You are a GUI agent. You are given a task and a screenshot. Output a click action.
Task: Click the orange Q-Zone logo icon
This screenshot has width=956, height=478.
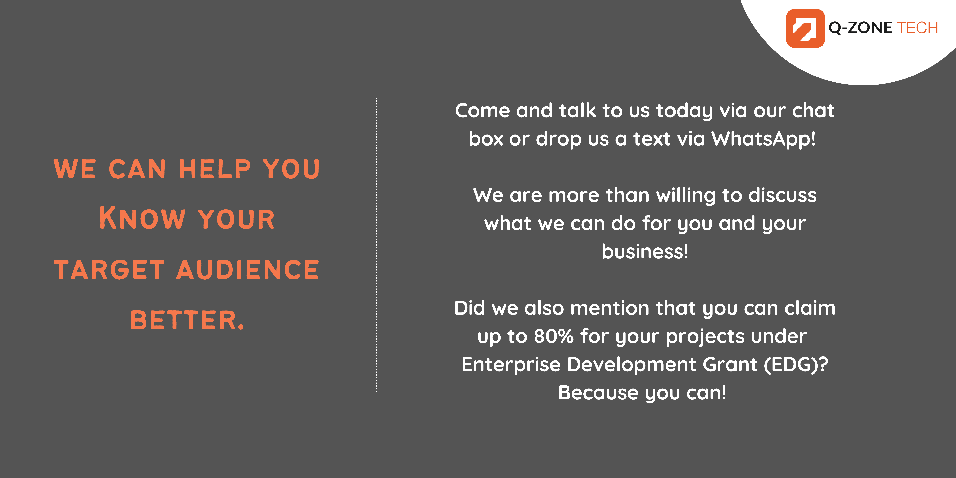point(805,28)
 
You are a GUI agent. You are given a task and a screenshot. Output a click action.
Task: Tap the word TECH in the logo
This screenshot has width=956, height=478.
point(917,28)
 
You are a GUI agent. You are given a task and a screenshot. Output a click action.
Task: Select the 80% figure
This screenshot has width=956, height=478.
point(554,336)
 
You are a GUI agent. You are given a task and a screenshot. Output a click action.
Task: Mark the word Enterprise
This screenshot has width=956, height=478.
point(511,364)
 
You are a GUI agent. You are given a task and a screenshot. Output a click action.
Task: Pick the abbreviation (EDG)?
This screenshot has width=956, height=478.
point(796,364)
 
